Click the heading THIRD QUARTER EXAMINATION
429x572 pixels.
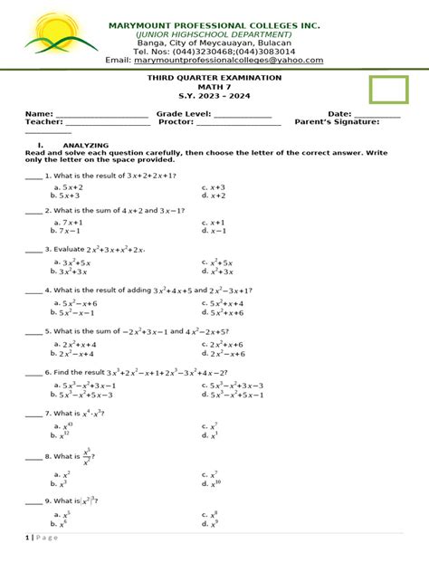(214, 79)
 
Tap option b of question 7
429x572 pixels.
(62, 434)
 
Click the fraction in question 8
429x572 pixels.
(87, 456)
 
